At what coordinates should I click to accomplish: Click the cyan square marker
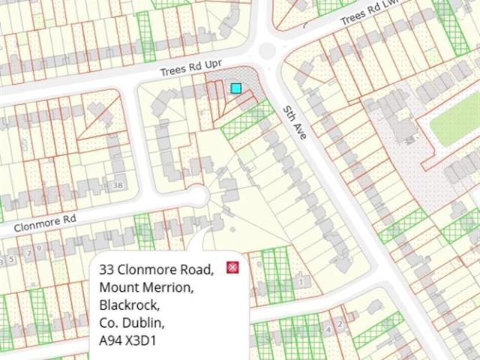236,89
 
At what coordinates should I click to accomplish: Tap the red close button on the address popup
233,268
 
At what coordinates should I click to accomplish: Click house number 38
116,184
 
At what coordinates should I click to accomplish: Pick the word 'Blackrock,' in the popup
129,305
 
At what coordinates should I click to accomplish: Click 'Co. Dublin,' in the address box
132,323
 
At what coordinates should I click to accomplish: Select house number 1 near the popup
301,282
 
